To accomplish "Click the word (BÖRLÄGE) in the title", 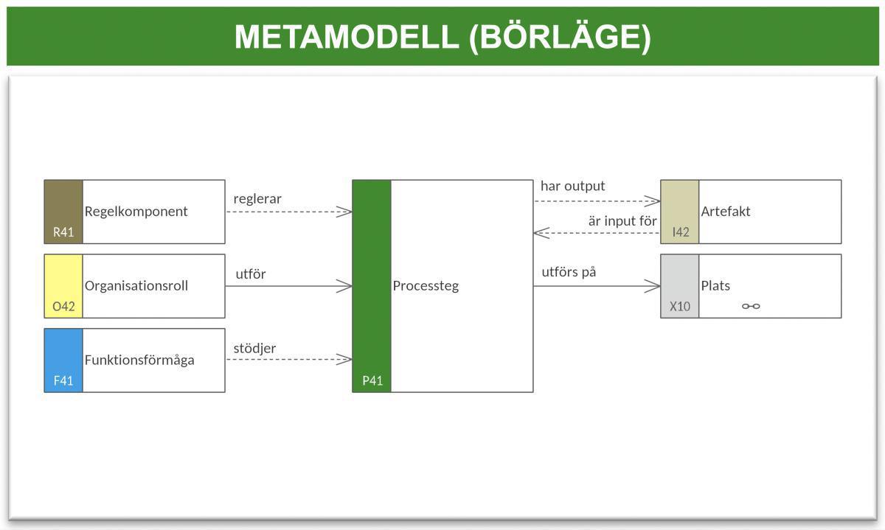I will (x=560, y=37).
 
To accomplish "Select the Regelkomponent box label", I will (x=136, y=212).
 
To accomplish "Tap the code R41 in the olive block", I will (x=63, y=232).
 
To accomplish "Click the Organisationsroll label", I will (x=136, y=286).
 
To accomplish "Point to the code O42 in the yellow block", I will (x=63, y=306).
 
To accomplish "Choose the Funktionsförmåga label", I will (x=139, y=360).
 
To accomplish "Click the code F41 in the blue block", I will (x=63, y=381).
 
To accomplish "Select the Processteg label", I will (x=426, y=286).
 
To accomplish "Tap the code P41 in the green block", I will (x=372, y=381).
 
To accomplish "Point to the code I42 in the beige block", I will (x=680, y=232).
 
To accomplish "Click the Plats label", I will (x=715, y=286).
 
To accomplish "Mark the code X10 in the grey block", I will (x=679, y=306).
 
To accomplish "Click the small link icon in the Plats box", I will (x=751, y=306).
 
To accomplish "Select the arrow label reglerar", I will (x=257, y=199).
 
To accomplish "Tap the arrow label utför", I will (x=251, y=274).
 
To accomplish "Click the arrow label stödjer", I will (x=254, y=348).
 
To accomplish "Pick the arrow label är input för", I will (x=622, y=221).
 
